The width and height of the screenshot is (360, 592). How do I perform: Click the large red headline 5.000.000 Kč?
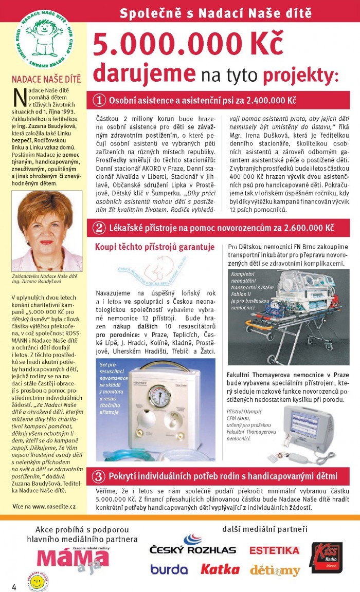[188, 44]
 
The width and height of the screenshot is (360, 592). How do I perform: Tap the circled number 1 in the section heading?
[100, 99]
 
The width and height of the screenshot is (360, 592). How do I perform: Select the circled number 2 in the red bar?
[100, 227]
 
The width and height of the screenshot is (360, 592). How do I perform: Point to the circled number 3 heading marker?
[100, 476]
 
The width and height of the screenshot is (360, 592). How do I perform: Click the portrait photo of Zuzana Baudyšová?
[46, 231]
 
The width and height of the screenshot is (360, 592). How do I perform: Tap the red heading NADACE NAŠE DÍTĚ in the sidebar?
[46, 79]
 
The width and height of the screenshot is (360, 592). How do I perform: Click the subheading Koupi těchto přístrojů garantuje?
[155, 247]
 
